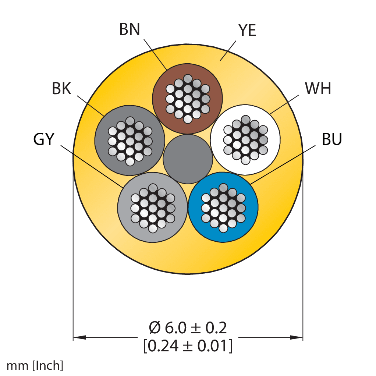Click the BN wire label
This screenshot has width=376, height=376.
coord(130,29)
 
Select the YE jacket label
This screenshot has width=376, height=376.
coord(247,30)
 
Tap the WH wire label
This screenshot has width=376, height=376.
coord(318,89)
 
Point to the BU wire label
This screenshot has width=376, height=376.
coord(331,139)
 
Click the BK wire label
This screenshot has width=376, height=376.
coord(62,89)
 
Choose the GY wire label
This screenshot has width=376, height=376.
coord(44,139)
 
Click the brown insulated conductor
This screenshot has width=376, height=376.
coord(188,99)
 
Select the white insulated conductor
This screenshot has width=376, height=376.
coord(245,140)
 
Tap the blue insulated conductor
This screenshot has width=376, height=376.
coord(223,207)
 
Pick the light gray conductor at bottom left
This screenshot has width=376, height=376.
coord(153,207)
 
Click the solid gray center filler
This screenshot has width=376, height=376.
coord(188,159)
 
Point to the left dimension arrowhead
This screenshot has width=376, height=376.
coord(79,337)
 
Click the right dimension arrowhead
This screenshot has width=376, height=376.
coord(297,337)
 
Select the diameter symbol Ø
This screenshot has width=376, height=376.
coord(155,328)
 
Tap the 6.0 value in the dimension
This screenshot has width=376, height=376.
coord(175,328)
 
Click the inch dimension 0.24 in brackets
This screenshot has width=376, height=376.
coord(162,346)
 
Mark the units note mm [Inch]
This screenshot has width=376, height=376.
coord(35,366)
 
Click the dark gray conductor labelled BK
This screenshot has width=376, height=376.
coord(130,140)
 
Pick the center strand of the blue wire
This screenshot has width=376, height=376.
coord(223,207)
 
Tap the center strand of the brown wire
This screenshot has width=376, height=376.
coord(188,99)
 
